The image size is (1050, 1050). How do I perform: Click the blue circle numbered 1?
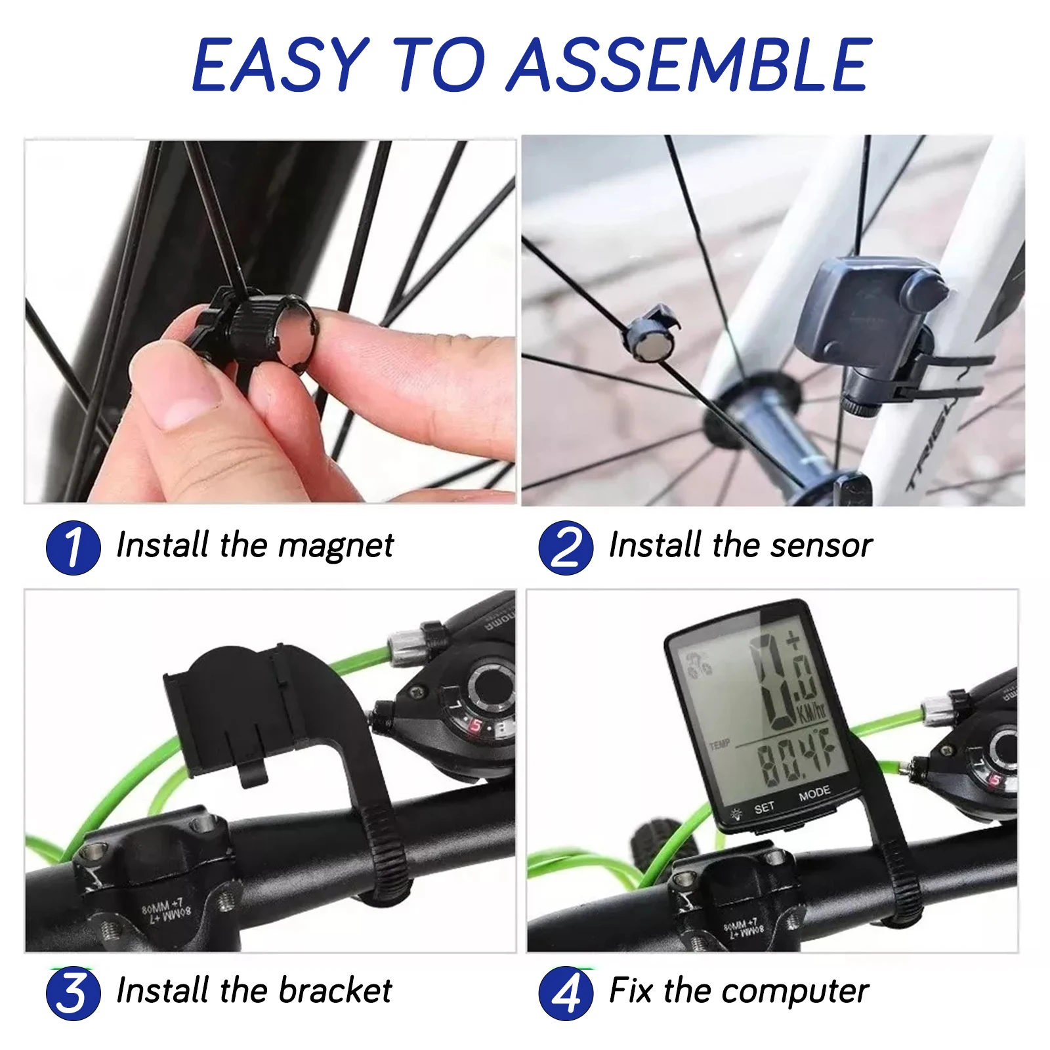click(x=73, y=547)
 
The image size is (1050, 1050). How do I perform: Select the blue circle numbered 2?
click(x=565, y=547)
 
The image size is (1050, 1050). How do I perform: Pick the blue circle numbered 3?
click(x=73, y=993)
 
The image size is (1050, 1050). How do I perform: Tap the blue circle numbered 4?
click(x=565, y=993)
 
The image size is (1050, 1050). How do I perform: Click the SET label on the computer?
click(x=764, y=808)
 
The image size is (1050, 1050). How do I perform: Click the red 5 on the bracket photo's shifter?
click(x=474, y=726)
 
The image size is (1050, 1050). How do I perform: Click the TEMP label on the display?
click(x=719, y=744)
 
